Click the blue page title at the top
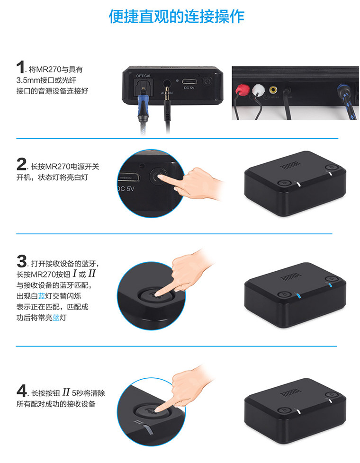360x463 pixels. click(177, 16)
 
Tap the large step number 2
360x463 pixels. click(21, 164)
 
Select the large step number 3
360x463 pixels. click(22, 261)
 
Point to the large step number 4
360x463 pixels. click(22, 391)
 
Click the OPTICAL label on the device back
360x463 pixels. click(144, 76)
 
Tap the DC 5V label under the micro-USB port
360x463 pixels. click(189, 88)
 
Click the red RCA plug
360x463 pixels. click(242, 89)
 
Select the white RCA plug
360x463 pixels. click(258, 89)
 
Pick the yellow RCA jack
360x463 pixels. click(273, 89)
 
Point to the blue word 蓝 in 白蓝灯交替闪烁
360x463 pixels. click(42, 296)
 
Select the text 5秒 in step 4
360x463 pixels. click(77, 393)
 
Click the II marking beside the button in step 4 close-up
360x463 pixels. click(137, 423)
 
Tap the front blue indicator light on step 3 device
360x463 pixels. click(299, 296)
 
